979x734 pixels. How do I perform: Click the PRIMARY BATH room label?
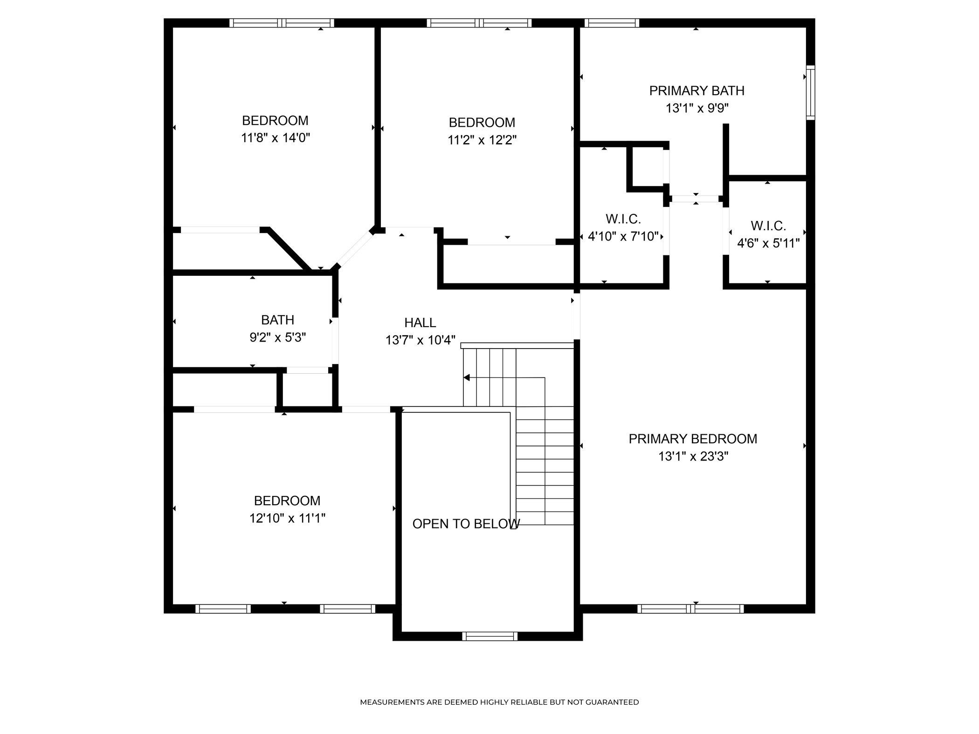[696, 90]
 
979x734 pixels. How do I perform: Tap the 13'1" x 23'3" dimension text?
[693, 456]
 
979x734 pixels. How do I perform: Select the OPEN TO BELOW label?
[466, 524]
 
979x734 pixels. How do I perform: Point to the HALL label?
[420, 322]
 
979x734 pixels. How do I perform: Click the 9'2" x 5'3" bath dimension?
[278, 337]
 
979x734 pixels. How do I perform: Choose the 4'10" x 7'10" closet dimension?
[623, 237]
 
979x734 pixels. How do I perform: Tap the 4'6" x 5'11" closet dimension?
[768, 243]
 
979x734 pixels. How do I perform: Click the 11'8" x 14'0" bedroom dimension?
[276, 138]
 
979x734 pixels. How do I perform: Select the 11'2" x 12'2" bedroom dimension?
[482, 140]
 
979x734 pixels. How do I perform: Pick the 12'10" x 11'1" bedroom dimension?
[287, 518]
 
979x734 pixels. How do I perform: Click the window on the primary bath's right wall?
[811, 93]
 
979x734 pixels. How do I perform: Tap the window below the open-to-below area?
[490, 636]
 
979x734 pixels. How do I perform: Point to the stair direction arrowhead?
[466, 377]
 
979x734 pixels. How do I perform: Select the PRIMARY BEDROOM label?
[693, 439]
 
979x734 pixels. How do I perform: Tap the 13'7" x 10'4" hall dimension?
[420, 340]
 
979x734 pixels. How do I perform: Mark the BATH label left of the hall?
[277, 320]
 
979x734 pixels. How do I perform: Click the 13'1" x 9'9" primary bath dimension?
[697, 108]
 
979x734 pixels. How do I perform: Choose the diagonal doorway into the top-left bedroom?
[355, 249]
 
